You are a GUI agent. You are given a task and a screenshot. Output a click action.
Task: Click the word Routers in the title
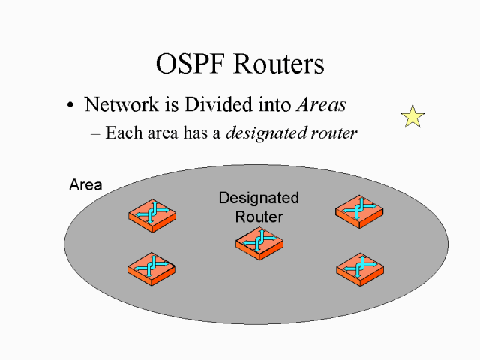point(279,64)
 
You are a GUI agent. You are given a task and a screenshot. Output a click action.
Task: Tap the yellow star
point(412,116)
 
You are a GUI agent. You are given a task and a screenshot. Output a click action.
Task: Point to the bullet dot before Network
point(70,106)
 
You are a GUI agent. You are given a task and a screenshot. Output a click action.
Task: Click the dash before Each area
point(95,134)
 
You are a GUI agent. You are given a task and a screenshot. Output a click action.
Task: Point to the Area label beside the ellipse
point(85,184)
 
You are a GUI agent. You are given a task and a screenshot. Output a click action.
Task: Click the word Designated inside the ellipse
point(259,198)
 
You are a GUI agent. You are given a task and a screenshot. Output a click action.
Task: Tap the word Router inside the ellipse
point(259,217)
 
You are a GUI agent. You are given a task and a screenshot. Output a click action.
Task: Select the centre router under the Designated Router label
point(259,242)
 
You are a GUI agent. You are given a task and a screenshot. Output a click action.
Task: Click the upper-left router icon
point(152,214)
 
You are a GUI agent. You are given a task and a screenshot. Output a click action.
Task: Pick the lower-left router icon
point(152,267)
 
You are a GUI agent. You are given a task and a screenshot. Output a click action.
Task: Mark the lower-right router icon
point(360,266)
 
